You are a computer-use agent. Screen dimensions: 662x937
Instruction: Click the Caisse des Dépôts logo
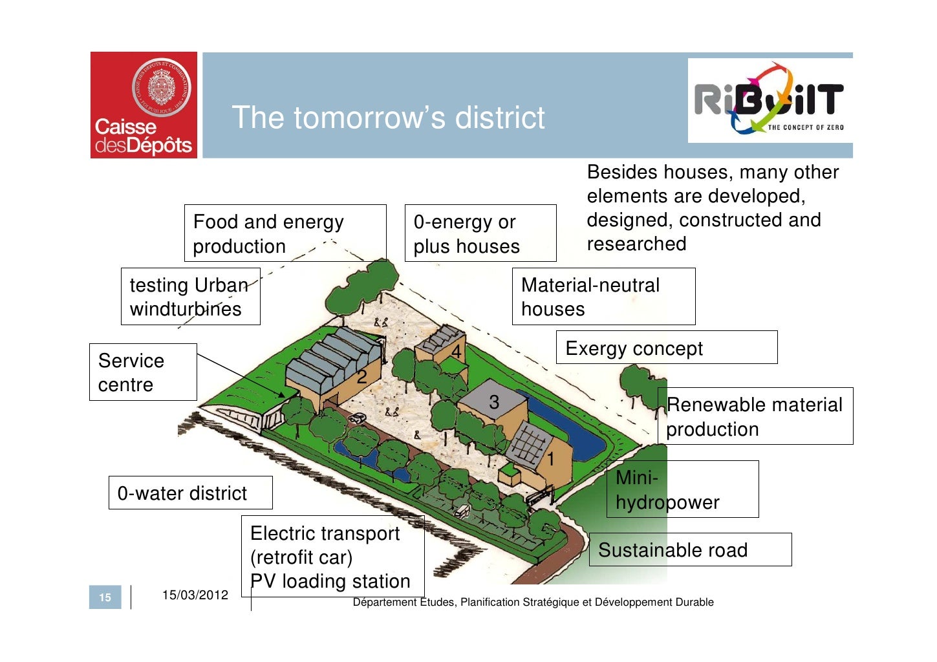[144, 105]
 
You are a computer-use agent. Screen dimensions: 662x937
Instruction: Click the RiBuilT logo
[770, 100]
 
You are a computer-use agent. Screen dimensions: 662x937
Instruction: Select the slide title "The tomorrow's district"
[388, 118]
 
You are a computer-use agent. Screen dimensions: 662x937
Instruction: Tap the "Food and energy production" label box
[285, 233]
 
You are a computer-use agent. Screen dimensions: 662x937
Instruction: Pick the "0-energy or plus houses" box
[480, 233]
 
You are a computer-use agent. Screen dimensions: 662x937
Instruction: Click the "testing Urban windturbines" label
[190, 297]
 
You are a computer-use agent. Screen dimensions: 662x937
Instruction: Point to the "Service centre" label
[143, 372]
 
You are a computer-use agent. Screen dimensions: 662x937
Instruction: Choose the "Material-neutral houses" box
[603, 297]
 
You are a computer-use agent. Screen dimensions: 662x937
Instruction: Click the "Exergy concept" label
[666, 348]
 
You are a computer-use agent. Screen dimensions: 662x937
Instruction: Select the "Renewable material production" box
[755, 416]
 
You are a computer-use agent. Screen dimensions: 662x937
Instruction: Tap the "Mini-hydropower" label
[682, 489]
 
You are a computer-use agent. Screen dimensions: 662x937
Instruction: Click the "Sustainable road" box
[690, 550]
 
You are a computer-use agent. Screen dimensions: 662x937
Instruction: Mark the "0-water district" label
[190, 493]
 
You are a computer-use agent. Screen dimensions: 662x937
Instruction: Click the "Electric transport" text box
[332, 557]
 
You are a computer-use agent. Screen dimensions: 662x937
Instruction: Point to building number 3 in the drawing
[494, 402]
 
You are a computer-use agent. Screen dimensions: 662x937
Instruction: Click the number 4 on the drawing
[457, 352]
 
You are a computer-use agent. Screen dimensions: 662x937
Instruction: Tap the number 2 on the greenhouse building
[362, 376]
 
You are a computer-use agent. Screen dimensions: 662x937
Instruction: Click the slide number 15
[105, 597]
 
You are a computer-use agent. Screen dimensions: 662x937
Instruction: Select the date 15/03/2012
[195, 595]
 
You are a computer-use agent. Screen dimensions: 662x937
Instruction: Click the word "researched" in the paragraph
[636, 244]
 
